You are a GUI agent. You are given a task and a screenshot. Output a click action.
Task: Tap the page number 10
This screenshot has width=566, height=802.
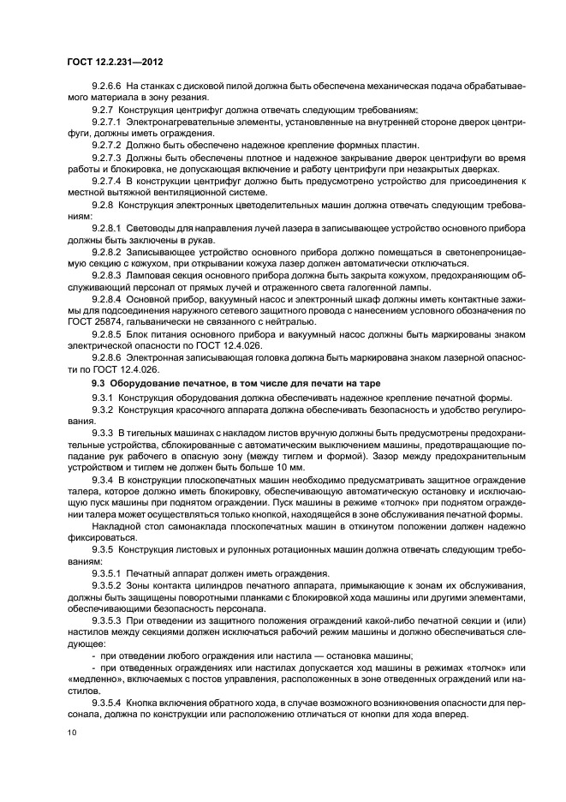73,732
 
